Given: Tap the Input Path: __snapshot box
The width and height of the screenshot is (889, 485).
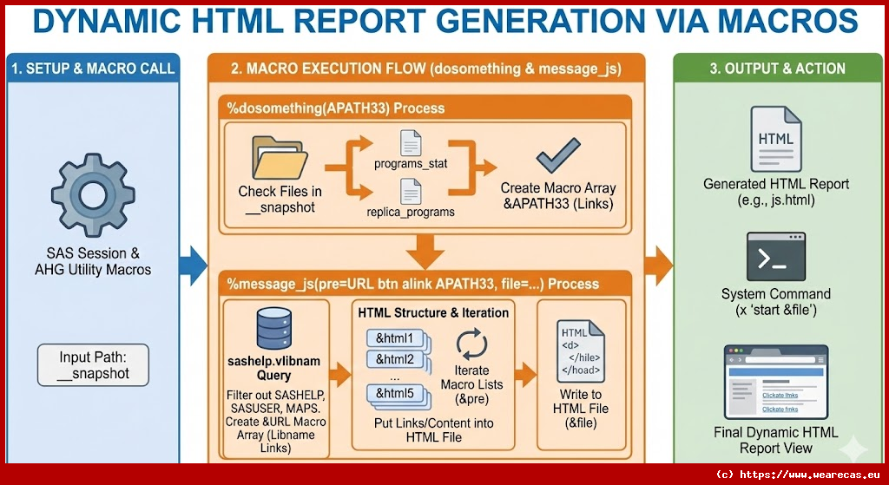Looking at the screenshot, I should click(x=94, y=365).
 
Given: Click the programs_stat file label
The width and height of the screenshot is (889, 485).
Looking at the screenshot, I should click(x=410, y=164).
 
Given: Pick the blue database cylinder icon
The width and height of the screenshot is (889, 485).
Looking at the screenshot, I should click(x=274, y=329).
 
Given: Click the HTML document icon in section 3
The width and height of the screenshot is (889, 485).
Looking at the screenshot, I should click(x=775, y=139).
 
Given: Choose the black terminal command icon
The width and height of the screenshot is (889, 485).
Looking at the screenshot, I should click(x=775, y=256).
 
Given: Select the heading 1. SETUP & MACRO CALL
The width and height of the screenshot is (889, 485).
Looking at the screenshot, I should click(x=94, y=69).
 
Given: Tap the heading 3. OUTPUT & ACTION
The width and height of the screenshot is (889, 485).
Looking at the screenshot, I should click(x=778, y=69).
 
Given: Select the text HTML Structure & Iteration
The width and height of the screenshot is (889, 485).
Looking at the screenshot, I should click(x=433, y=312).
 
